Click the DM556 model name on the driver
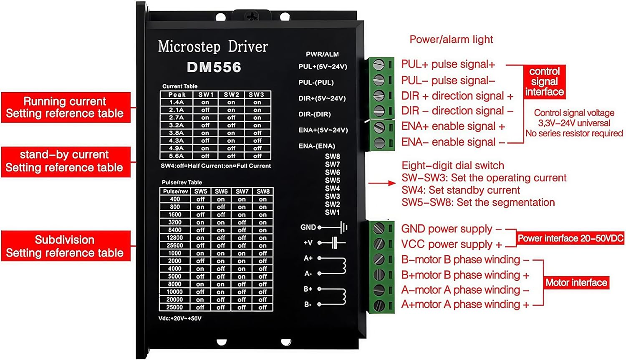tap(214, 67)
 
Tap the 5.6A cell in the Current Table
tap(177, 156)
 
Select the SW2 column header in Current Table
tap(231, 95)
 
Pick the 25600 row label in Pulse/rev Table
tap(175, 245)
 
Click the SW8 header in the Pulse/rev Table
tap(263, 191)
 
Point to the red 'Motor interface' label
tap(576, 283)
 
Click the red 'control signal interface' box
tap(544, 81)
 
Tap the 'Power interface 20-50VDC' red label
tap(570, 238)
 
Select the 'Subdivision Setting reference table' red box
tap(66, 246)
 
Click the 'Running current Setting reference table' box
tap(66, 107)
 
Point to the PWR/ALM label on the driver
tap(322, 54)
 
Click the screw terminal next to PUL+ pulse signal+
tap(379, 65)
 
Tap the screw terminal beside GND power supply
tap(379, 228)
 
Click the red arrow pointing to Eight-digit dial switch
tap(382, 183)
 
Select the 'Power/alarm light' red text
tap(451, 40)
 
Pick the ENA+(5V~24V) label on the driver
tap(323, 130)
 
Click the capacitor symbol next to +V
tap(335, 242)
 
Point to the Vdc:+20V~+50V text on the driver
tap(180, 319)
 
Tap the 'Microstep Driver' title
tap(213, 46)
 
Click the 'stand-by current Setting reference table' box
tap(66, 161)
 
